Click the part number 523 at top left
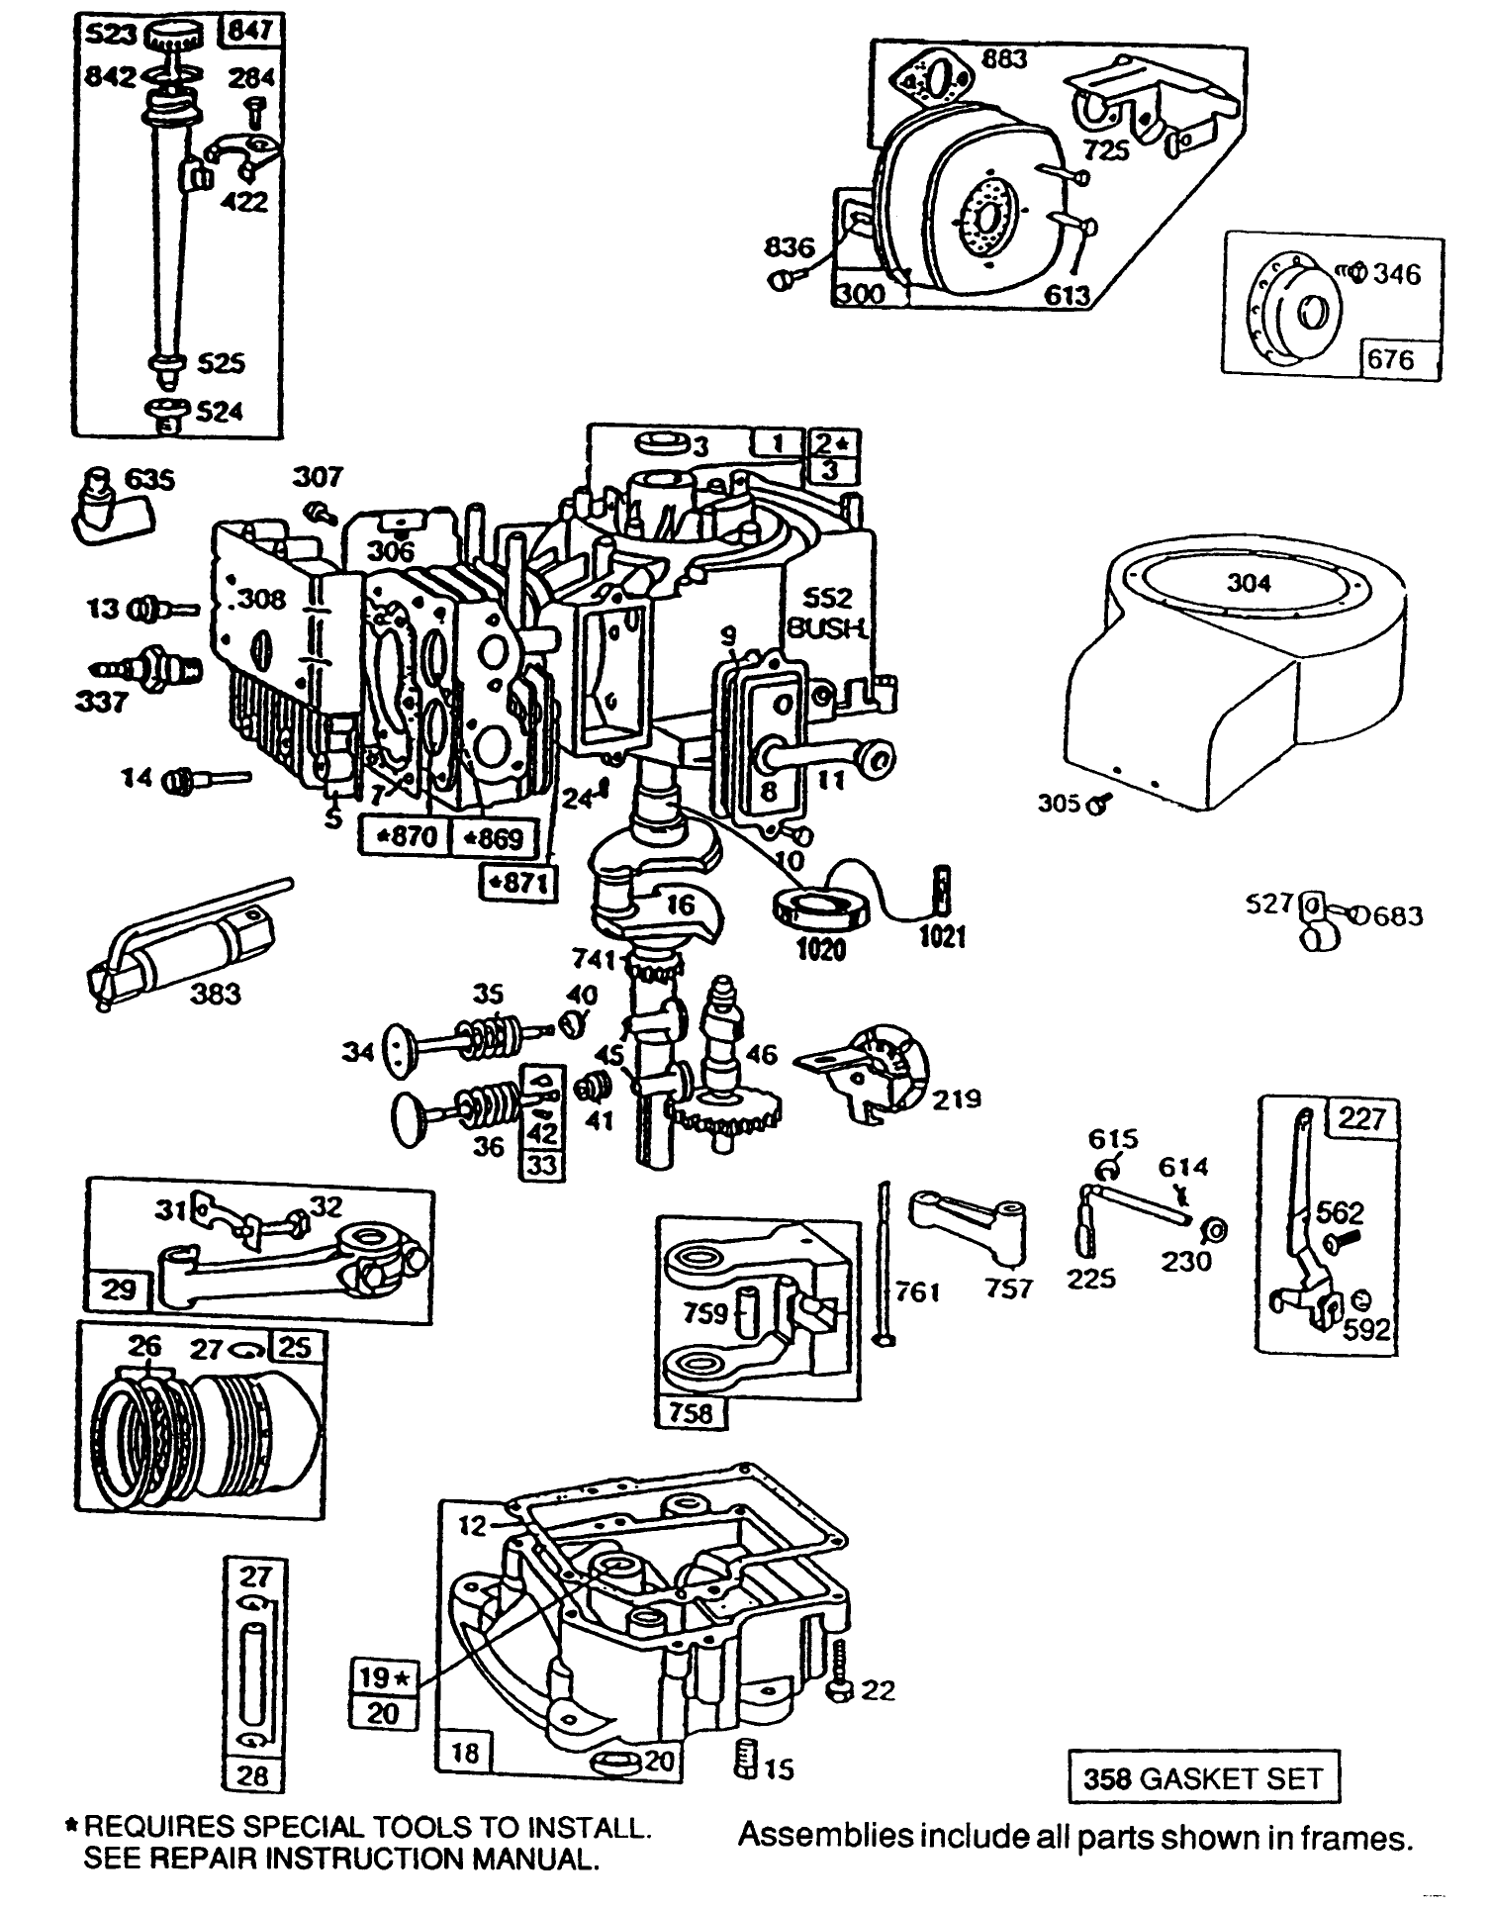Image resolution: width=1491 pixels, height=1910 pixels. [x=111, y=35]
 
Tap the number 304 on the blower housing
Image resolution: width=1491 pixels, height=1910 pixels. [x=1248, y=583]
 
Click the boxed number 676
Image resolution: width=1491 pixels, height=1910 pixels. [x=1390, y=359]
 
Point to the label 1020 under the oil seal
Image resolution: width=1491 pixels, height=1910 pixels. [x=820, y=949]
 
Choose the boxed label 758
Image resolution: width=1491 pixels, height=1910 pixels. [x=691, y=1413]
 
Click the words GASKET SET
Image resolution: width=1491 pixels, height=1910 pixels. [x=1231, y=1780]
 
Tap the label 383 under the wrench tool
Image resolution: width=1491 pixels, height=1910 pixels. [x=215, y=993]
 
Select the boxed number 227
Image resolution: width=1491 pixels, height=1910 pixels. [x=1363, y=1119]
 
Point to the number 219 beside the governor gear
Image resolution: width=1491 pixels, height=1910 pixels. [x=956, y=1098]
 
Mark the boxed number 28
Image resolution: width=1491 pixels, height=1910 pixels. [x=253, y=1776]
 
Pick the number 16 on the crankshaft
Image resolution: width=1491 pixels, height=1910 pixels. [x=680, y=903]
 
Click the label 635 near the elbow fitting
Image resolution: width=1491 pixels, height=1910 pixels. [x=150, y=480]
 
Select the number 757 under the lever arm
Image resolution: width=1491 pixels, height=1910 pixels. [x=1007, y=1289]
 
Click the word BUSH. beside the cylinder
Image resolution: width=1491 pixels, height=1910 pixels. [x=829, y=629]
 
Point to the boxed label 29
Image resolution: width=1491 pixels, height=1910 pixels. [x=120, y=1289]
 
